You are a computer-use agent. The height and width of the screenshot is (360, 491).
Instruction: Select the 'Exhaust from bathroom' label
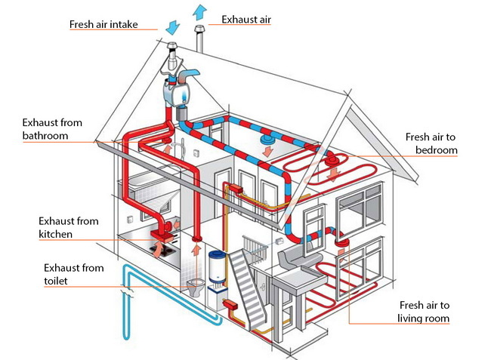52,129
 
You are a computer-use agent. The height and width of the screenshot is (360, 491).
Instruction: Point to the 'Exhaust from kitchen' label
67,228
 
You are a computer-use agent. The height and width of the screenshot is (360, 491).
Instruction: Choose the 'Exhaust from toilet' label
70,275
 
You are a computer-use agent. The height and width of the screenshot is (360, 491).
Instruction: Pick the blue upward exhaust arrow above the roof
199,11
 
